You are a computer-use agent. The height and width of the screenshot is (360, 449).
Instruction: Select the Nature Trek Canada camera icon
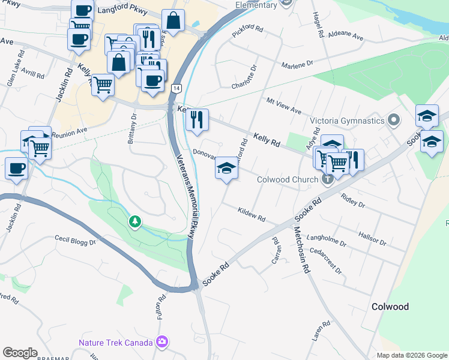(x=161, y=342)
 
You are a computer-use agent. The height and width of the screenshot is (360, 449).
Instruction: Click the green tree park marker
(x=136, y=222)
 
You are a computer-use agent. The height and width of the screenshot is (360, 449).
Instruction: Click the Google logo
(x=20, y=353)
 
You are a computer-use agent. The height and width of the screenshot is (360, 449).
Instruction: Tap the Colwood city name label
(x=390, y=307)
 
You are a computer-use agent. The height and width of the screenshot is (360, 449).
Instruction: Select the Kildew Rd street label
(x=252, y=214)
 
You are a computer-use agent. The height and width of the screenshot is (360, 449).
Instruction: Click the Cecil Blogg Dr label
(x=76, y=241)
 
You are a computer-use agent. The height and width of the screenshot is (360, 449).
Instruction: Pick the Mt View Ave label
(x=283, y=108)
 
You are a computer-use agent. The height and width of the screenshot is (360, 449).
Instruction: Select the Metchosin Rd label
(x=301, y=251)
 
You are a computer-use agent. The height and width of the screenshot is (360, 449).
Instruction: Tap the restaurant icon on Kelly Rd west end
(x=197, y=120)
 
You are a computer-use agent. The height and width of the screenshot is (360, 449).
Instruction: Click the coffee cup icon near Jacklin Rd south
(x=16, y=168)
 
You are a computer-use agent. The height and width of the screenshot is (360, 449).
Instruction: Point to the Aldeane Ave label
(x=345, y=37)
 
